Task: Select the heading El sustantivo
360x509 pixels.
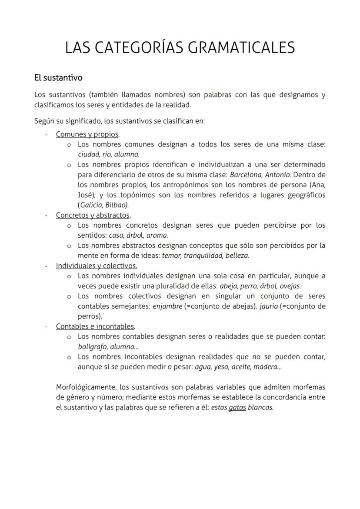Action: (58, 78)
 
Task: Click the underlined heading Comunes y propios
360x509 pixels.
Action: (87, 134)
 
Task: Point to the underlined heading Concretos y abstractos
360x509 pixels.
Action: (93, 215)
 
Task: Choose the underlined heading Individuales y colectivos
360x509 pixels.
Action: (96, 266)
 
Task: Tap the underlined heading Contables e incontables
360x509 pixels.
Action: (95, 326)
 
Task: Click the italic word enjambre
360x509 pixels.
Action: (167, 306)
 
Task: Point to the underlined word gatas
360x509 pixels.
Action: (237, 408)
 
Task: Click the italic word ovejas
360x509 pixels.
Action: (290, 286)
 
